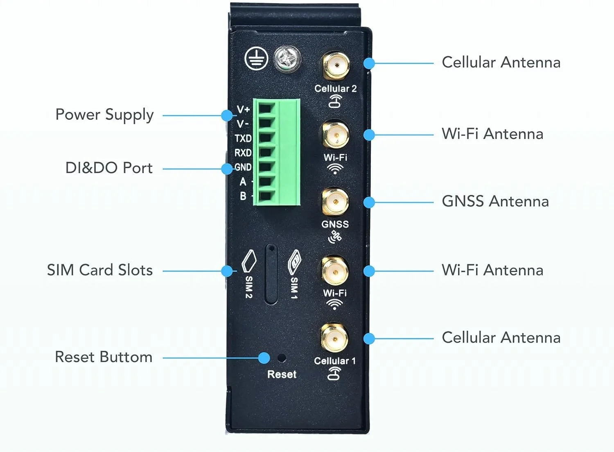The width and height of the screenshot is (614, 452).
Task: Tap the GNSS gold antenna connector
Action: (335, 202)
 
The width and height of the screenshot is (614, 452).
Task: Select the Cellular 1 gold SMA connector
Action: (334, 339)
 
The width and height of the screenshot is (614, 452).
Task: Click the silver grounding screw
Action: (287, 60)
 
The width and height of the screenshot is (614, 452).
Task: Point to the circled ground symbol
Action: (256, 59)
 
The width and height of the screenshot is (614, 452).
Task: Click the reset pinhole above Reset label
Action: (281, 358)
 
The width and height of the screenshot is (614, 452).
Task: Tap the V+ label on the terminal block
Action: (243, 109)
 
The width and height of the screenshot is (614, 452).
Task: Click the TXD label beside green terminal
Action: (243, 138)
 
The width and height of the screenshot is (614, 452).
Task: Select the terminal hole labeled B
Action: (266, 196)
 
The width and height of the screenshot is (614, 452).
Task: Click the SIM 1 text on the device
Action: (294, 288)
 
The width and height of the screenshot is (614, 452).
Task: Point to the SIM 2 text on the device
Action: (249, 287)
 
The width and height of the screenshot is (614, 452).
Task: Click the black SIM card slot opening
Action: (271, 274)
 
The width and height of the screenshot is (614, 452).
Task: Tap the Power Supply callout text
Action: (104, 115)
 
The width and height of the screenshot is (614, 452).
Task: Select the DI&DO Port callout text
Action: (109, 168)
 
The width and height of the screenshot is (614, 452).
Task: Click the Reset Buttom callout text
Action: (104, 357)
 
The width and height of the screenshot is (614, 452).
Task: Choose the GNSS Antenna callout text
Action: (495, 201)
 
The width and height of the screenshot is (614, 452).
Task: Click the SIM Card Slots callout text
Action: (100, 270)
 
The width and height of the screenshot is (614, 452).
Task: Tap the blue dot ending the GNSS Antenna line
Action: (369, 202)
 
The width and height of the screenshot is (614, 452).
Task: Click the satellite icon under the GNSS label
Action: (335, 237)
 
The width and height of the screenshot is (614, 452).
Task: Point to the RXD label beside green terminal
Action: (243, 153)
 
